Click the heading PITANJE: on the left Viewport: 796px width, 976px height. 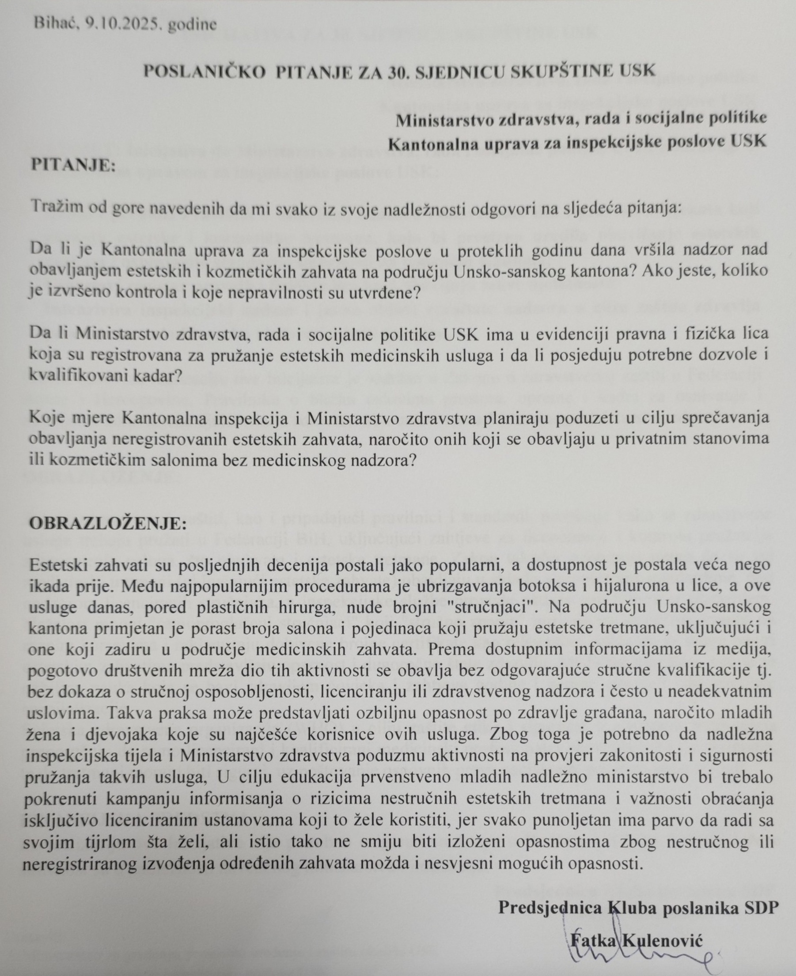[72, 165]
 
